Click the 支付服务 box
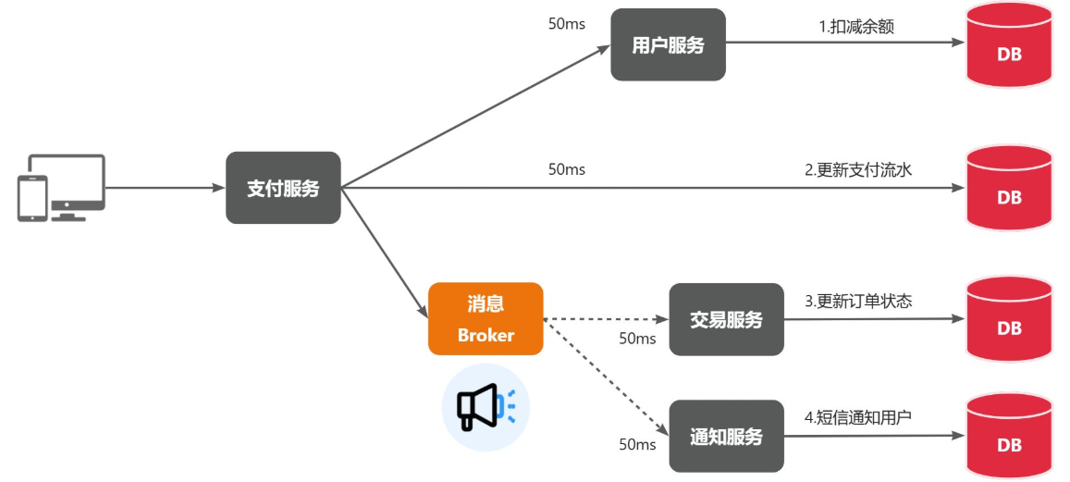point(283,188)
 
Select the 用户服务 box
point(668,45)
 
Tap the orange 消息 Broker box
point(485,318)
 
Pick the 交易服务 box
point(726,320)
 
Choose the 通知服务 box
point(726,437)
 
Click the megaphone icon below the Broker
point(485,406)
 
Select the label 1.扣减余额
point(856,27)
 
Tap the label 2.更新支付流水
point(859,170)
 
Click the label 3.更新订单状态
point(858,301)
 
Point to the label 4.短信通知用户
point(858,417)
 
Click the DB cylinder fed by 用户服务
point(1009,51)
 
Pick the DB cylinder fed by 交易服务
point(1009,326)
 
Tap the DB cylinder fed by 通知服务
point(1009,442)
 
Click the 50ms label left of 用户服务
point(566,24)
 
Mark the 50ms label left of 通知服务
point(637,445)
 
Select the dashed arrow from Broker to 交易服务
point(606,320)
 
